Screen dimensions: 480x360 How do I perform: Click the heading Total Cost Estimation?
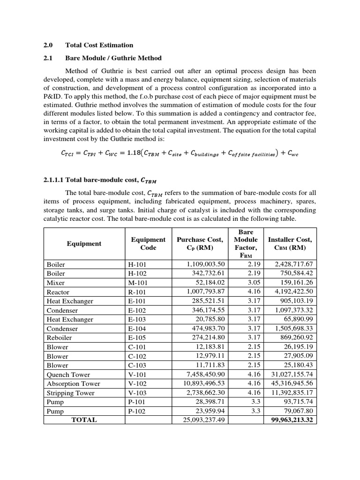(x=99, y=45)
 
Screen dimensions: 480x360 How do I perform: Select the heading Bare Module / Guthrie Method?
(x=113, y=58)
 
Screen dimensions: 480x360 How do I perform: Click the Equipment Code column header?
(x=148, y=243)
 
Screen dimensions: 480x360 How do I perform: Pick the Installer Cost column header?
(x=290, y=243)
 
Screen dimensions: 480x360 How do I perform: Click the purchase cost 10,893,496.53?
(x=199, y=383)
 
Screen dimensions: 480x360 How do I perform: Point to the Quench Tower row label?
(x=68, y=375)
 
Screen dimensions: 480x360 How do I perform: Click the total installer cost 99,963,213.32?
(x=288, y=420)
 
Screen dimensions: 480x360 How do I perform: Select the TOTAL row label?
(x=84, y=420)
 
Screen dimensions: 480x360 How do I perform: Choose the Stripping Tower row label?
(x=70, y=393)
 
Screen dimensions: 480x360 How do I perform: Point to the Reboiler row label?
(x=59, y=338)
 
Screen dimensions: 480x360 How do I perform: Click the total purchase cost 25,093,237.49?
(x=199, y=420)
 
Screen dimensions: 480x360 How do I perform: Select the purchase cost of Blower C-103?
(x=209, y=365)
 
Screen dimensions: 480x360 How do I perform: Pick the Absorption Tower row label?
(x=73, y=383)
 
